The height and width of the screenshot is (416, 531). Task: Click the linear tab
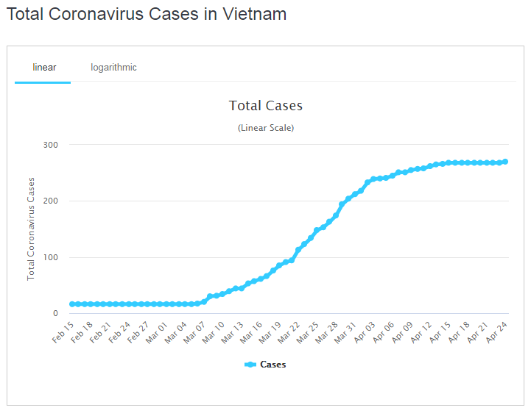(44, 68)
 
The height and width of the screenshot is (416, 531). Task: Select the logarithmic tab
(113, 68)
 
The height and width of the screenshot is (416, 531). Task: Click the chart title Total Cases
(265, 106)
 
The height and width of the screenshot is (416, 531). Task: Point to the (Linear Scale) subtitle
(265, 128)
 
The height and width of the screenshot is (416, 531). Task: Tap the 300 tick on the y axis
(50, 145)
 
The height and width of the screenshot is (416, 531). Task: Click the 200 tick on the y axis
(50, 201)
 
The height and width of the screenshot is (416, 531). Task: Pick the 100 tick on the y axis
(50, 257)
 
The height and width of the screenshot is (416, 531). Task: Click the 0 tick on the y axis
(54, 314)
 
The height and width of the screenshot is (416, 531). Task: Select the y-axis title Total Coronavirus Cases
(31, 229)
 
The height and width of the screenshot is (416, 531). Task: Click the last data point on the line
(505, 162)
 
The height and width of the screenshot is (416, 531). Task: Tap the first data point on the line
(71, 304)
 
